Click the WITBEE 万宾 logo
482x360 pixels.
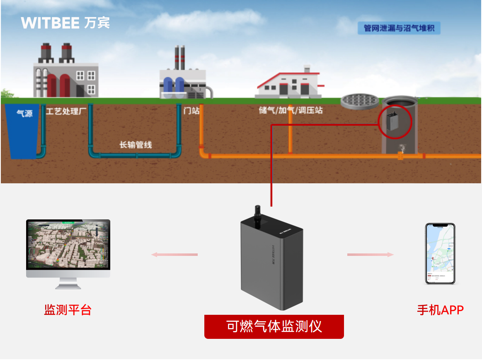65,23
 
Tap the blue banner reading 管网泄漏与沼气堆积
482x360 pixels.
399,29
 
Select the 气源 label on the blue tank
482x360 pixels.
24,113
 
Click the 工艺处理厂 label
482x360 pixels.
66,111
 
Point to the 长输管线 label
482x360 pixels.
136,145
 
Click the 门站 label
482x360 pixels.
191,111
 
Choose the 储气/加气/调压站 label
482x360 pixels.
291,111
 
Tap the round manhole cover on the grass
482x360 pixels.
360,100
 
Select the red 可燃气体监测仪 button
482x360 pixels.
274,326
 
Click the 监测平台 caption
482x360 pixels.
68,310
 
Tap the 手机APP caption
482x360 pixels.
440,310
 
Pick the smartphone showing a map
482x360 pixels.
440,253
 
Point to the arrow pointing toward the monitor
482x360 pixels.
174,254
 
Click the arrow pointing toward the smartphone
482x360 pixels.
370,254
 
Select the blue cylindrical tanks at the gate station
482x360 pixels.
174,86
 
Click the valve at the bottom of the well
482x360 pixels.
400,148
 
